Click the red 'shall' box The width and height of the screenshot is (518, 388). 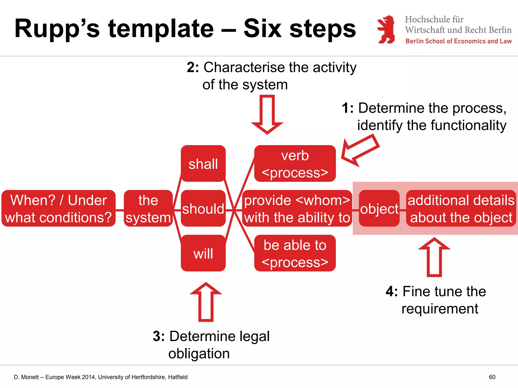click(x=203, y=163)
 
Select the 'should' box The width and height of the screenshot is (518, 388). click(x=203, y=208)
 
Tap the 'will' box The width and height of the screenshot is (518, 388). click(x=203, y=253)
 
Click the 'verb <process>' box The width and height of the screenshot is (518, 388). click(x=295, y=163)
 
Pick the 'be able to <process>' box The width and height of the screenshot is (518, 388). click(x=295, y=253)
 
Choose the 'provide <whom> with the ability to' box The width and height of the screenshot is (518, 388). click(x=297, y=208)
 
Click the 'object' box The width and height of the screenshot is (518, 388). click(x=379, y=208)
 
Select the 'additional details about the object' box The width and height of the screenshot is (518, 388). click(x=461, y=208)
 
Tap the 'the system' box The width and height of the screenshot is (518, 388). click(x=148, y=208)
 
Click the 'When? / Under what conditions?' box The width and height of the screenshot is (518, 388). click(x=58, y=208)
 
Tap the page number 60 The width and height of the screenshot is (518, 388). click(x=492, y=377)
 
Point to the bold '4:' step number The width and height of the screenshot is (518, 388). click(x=392, y=292)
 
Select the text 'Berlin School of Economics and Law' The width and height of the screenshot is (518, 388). click(x=458, y=41)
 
